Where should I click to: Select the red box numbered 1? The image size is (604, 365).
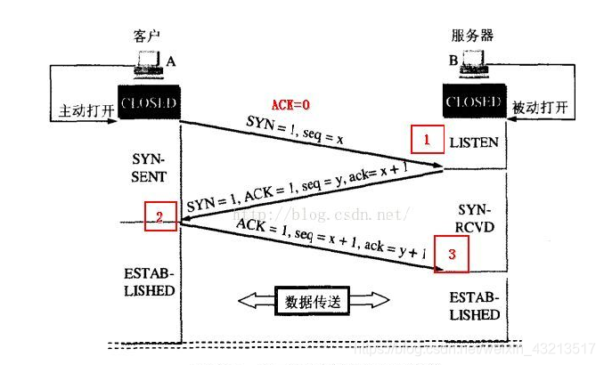point(426,140)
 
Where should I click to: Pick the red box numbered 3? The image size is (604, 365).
point(452,253)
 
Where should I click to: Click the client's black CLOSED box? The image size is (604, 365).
point(149,102)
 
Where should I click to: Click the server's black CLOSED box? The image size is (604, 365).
point(475,102)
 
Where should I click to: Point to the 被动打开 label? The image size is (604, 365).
point(541,107)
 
